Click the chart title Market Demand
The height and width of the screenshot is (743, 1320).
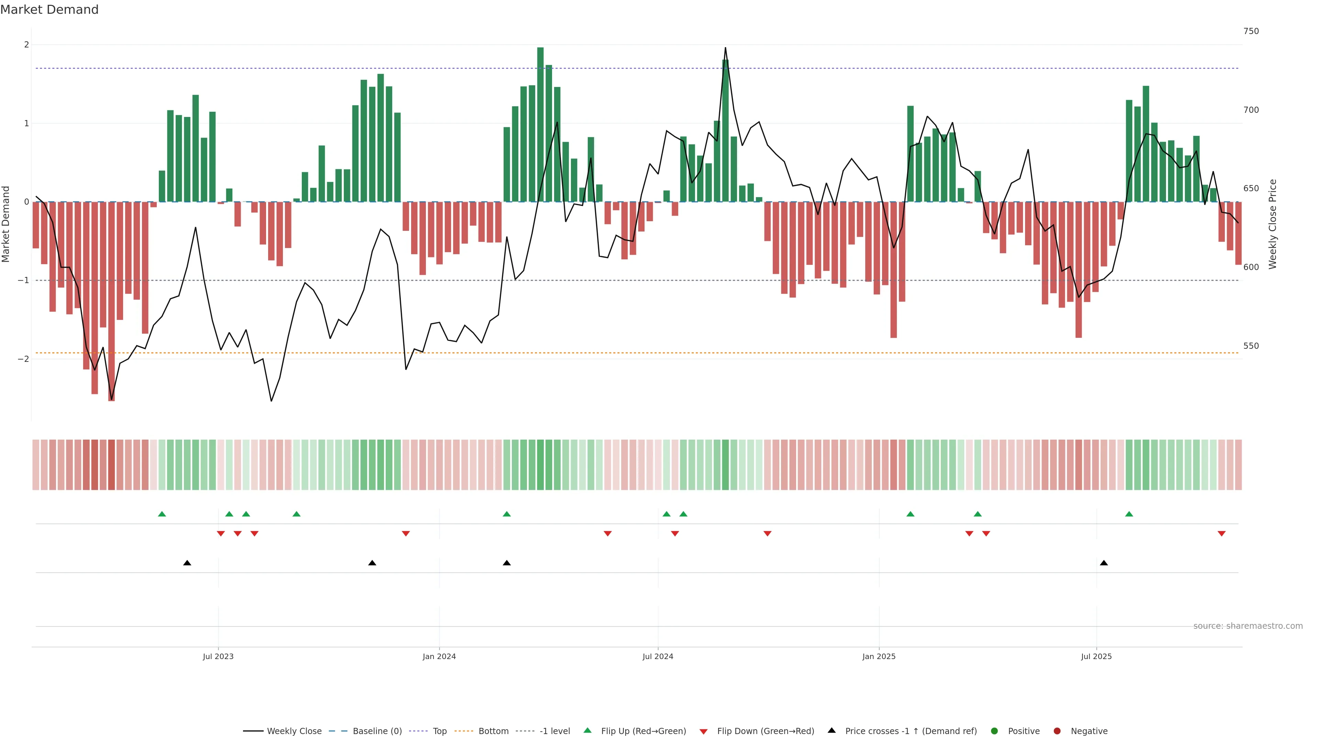49,10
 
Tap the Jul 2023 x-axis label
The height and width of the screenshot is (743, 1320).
218,656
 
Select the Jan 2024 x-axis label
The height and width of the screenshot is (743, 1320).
439,656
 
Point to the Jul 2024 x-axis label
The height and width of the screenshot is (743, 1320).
658,656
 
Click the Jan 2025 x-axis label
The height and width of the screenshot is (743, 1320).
879,656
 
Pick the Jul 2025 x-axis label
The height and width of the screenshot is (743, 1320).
1096,656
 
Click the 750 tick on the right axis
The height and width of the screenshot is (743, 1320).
1251,31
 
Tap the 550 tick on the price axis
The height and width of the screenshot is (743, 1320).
1251,346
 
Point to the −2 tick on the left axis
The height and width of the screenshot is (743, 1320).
23,359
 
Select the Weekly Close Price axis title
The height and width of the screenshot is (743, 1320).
1273,224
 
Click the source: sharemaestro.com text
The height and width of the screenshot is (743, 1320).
1248,626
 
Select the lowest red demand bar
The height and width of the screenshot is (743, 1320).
111,303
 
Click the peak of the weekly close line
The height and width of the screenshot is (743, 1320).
725,48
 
